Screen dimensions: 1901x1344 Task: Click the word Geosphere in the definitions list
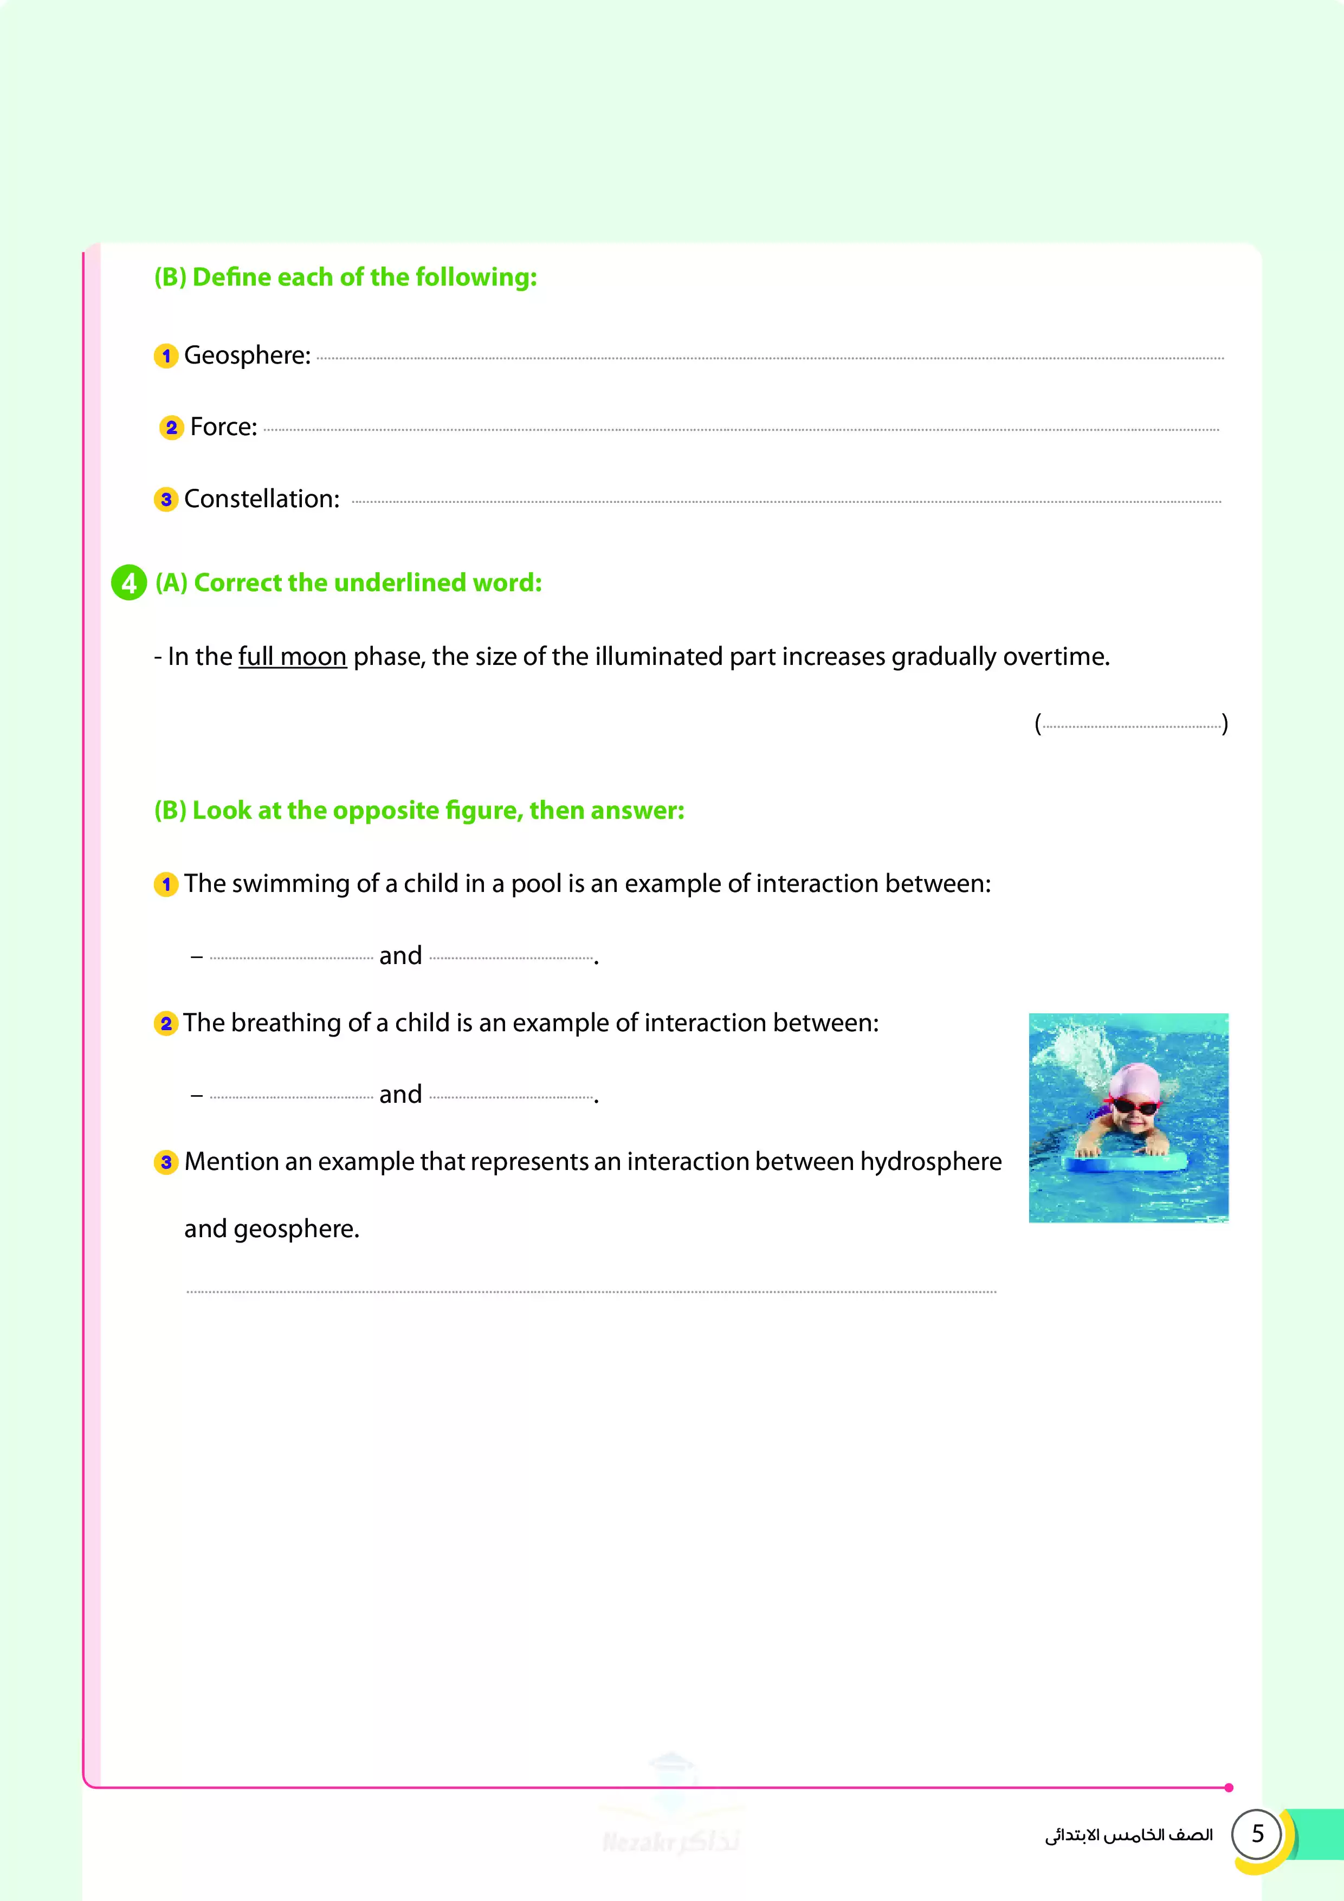click(246, 356)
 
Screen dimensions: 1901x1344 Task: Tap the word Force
click(222, 427)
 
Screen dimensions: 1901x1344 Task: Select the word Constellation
click(261, 499)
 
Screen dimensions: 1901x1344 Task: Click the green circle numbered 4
click(129, 583)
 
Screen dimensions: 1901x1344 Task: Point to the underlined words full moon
click(292, 657)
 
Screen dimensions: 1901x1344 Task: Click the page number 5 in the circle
click(1257, 1833)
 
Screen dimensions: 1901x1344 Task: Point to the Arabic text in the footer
click(1129, 1835)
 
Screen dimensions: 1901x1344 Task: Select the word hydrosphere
click(931, 1162)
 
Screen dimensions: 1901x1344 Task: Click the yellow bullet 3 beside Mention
click(166, 1162)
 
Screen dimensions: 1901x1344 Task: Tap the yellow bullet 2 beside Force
click(171, 428)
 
